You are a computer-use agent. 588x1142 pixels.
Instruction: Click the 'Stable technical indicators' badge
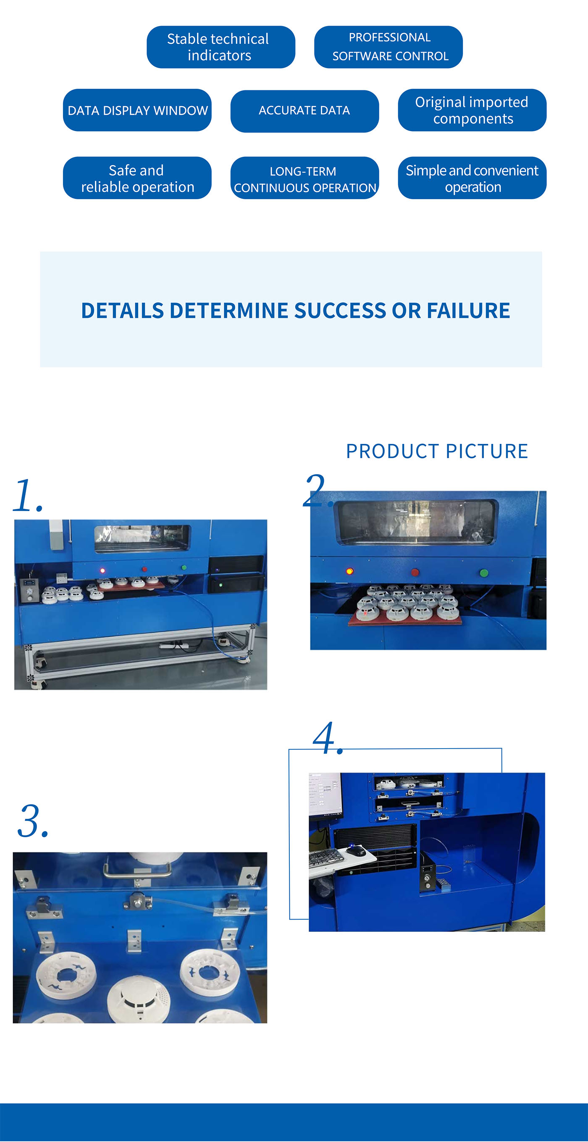pyautogui.click(x=220, y=47)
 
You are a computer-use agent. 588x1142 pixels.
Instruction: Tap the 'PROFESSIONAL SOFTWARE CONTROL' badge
pyautogui.click(x=388, y=47)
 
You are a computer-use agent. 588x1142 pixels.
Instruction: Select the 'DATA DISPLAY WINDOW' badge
pyautogui.click(x=137, y=110)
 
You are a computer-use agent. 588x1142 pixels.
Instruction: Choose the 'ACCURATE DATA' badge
pyautogui.click(x=304, y=111)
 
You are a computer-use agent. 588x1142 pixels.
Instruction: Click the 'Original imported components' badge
pyautogui.click(x=472, y=110)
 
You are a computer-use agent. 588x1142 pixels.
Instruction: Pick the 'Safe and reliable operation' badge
pyautogui.click(x=137, y=178)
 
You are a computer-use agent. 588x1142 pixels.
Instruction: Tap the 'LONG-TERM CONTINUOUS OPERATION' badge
pyautogui.click(x=304, y=178)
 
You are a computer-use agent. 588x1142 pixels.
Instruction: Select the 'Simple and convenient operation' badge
pyautogui.click(x=472, y=178)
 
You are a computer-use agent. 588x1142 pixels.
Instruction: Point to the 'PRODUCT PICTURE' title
pyautogui.click(x=436, y=451)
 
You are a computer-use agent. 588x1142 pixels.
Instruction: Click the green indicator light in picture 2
pyautogui.click(x=484, y=573)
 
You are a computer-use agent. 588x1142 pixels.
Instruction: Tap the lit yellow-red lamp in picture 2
pyautogui.click(x=349, y=571)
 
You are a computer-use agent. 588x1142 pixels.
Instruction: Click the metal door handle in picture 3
pyautogui.click(x=137, y=871)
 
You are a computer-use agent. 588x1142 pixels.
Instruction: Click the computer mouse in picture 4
pyautogui.click(x=355, y=850)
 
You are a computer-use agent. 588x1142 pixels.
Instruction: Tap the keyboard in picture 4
pyautogui.click(x=325, y=859)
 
